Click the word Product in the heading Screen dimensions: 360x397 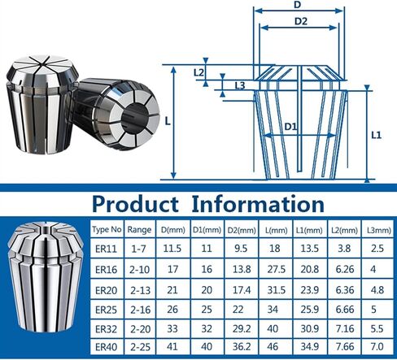coord(137,203)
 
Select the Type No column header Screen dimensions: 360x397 coord(107,231)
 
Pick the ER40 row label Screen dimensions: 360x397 coord(107,349)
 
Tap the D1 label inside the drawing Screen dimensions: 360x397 coord(291,127)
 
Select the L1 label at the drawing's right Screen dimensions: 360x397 coord(377,135)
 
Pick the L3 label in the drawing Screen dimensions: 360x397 coord(239,85)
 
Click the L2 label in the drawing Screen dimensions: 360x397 coord(199,72)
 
